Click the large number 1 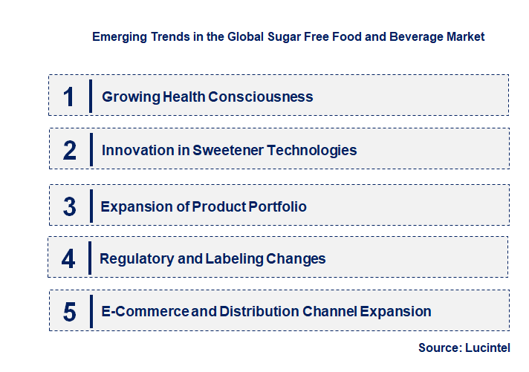click(x=69, y=97)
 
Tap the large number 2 click(x=70, y=151)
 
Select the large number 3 click(x=69, y=207)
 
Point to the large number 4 click(x=68, y=259)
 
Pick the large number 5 click(x=69, y=312)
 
